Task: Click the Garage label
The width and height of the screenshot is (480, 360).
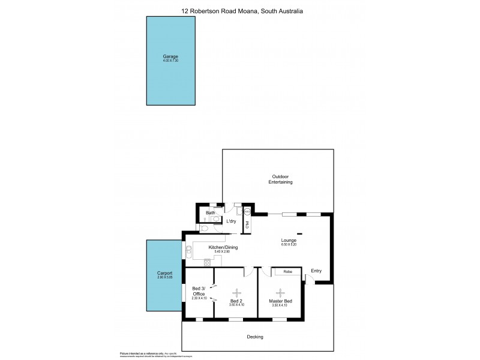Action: click(170, 56)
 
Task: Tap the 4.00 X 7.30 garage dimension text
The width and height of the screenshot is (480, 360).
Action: click(170, 61)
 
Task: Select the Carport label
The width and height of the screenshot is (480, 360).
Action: click(164, 272)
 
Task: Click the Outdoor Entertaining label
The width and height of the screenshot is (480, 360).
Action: click(280, 179)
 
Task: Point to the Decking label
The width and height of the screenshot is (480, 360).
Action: click(255, 337)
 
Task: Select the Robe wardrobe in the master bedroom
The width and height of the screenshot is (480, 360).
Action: click(288, 272)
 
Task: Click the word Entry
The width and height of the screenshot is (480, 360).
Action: click(316, 271)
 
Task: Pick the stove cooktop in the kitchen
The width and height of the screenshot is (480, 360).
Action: click(208, 262)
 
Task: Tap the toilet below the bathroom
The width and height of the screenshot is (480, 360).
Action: click(205, 228)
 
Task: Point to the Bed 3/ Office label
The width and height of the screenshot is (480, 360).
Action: click(199, 291)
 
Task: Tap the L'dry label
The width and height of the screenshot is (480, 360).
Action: click(231, 221)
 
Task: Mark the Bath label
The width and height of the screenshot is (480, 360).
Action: click(211, 213)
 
